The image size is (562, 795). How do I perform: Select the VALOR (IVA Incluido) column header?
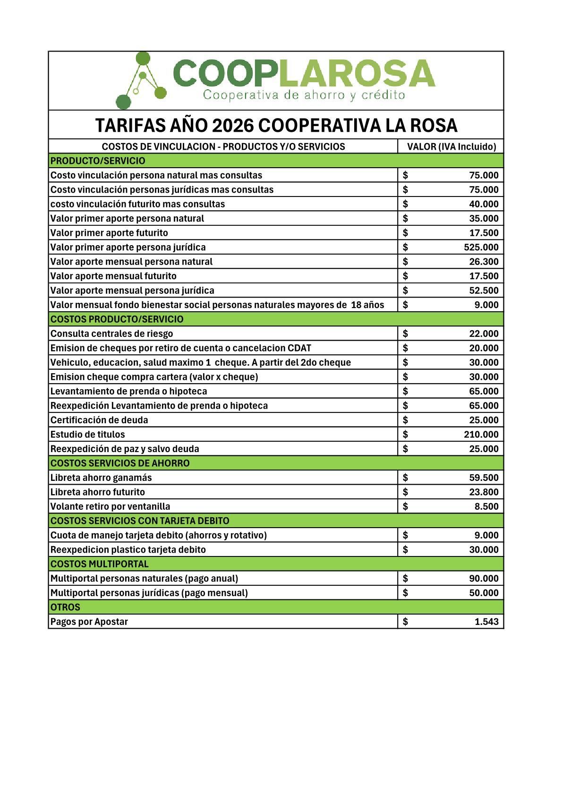point(451,146)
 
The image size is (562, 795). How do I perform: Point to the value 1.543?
point(486,622)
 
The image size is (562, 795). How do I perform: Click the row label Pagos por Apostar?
point(89,622)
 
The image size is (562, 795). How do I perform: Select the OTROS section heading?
point(65,607)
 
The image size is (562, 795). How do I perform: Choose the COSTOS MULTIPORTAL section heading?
point(99,564)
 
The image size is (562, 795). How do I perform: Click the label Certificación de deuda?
point(99,420)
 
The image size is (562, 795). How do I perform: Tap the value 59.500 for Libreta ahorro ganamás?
point(484,478)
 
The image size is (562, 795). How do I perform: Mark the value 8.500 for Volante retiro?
point(486,506)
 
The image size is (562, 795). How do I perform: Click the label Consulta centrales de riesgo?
point(111,333)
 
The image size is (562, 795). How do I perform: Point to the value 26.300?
point(484,262)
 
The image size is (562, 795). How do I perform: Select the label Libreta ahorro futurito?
point(98,492)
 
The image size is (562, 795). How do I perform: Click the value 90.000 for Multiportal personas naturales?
point(484,578)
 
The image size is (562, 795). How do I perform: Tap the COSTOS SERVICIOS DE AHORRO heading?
point(120,463)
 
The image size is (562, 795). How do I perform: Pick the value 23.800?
point(484,492)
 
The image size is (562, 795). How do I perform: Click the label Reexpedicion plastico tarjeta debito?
point(128,549)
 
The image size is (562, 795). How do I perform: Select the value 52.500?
point(484,291)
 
